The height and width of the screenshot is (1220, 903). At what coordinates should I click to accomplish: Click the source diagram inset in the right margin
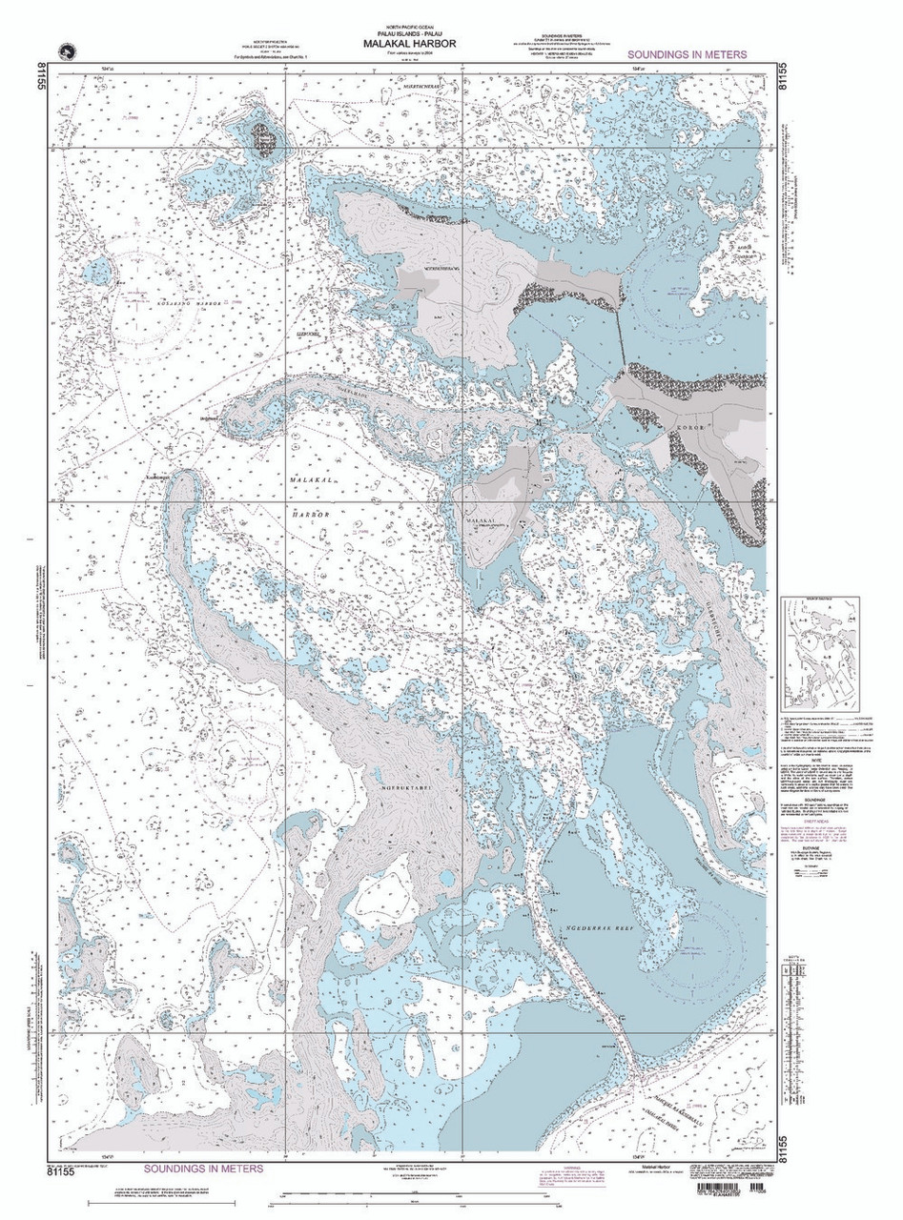pyautogui.click(x=819, y=652)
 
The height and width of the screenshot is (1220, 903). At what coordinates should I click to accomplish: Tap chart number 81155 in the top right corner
pyautogui.click(x=784, y=75)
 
